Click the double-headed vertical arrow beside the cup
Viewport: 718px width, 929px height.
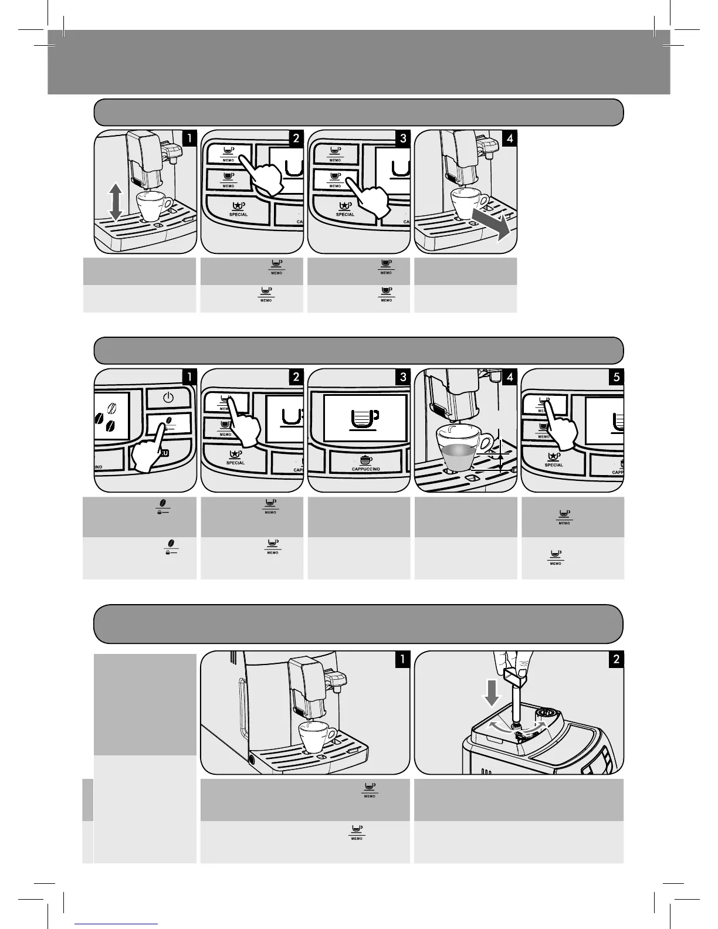click(x=116, y=201)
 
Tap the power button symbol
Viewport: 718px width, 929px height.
click(x=168, y=398)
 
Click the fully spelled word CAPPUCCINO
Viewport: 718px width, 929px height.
click(x=365, y=469)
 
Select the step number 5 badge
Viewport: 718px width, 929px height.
click(x=616, y=377)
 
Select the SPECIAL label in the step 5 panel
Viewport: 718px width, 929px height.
click(x=554, y=465)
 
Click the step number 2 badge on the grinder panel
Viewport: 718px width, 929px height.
click(x=616, y=659)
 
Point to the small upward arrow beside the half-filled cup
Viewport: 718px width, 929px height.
click(x=500, y=456)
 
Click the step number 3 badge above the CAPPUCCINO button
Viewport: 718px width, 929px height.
click(x=402, y=377)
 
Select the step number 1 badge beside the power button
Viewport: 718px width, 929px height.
click(x=189, y=377)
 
